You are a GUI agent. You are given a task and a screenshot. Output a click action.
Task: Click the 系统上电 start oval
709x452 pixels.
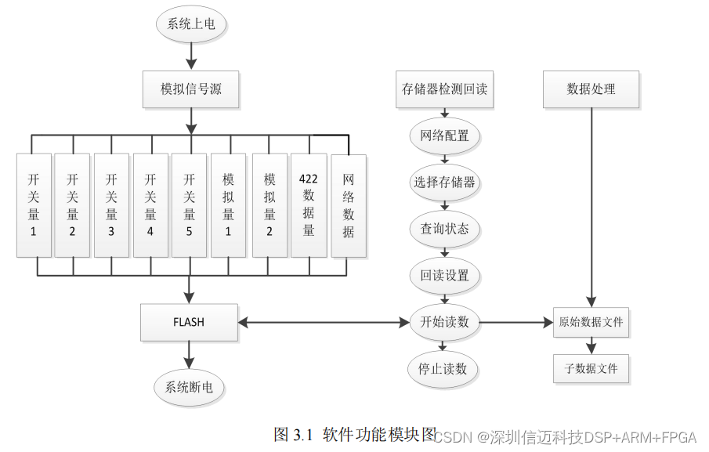coord(191,24)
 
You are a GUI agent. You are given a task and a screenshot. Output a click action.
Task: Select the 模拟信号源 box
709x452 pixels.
coord(190,89)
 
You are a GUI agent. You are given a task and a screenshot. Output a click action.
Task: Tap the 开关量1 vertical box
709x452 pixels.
coord(34,204)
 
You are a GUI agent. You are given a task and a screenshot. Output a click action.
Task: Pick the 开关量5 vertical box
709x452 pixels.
coord(189,204)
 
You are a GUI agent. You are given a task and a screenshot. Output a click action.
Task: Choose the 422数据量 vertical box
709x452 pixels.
coord(309,204)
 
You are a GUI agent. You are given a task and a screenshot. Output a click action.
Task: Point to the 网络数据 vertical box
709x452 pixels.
coord(349,205)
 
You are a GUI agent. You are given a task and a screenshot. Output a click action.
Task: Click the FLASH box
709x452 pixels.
coord(189,322)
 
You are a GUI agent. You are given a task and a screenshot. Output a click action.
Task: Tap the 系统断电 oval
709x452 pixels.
coord(189,386)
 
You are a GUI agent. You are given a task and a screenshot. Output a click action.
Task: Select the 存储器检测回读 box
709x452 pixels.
coord(444,89)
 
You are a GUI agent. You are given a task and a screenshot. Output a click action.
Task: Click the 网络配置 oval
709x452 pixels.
coord(444,136)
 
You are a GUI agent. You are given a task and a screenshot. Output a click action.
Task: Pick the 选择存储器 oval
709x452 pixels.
coord(444,183)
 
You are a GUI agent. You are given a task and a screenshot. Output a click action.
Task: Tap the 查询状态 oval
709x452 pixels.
coord(444,229)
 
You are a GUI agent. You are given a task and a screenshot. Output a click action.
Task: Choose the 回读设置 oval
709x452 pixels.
coord(444,276)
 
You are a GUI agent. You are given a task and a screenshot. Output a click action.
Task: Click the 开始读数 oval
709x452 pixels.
coord(444,322)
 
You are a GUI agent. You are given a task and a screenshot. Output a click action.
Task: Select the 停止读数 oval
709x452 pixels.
coord(444,368)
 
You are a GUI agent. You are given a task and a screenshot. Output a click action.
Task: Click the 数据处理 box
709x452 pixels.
coord(591,89)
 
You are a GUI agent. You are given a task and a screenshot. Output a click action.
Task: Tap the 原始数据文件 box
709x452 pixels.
coord(591,322)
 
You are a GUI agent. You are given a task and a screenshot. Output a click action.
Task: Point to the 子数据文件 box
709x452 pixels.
coord(591,368)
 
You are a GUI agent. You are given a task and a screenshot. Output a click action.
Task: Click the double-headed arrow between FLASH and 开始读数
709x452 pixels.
coord(324,322)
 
